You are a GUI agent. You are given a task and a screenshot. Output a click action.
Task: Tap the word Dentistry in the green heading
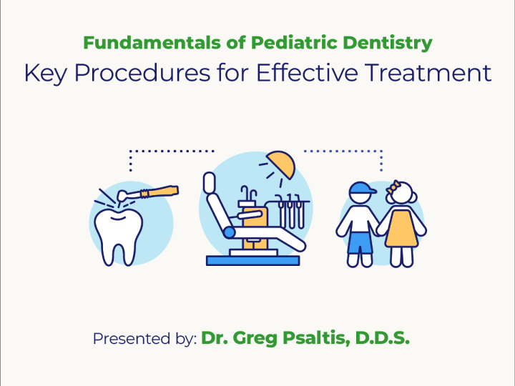pyautogui.click(x=386, y=43)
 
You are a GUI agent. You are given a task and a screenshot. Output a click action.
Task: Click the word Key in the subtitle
pyautogui.click(x=41, y=73)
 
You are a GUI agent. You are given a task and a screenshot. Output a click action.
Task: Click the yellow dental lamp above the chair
pyautogui.click(x=280, y=165)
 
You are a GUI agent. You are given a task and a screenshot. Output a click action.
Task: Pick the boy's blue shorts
pyautogui.click(x=361, y=243)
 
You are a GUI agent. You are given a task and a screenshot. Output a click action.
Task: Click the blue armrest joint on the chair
pyautogui.click(x=229, y=232)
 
